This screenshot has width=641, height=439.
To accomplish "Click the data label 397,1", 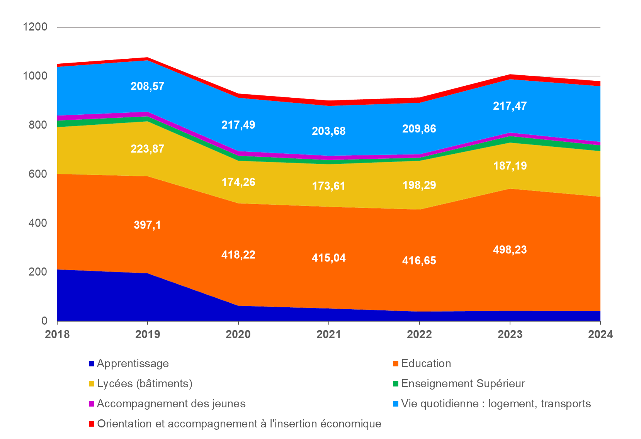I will (147, 225).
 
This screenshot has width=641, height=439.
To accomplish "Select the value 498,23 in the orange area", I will (510, 250).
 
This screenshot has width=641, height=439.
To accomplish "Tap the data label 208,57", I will (147, 86).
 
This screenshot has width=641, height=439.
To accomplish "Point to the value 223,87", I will (147, 149).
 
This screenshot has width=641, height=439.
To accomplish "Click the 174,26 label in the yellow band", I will (238, 182).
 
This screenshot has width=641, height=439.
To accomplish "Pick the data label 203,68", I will (328, 131).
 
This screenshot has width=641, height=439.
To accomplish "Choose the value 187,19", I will (510, 166).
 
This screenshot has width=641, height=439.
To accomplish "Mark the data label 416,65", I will (419, 261).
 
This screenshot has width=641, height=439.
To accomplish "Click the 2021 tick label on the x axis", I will (328, 334).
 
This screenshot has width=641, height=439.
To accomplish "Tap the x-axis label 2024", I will (600, 334).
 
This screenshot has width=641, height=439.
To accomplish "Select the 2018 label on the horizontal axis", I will (57, 334).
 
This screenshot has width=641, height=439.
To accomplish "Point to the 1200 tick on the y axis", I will (35, 27).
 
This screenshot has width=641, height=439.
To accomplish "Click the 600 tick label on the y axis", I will (38, 174).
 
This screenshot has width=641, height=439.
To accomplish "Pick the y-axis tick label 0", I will (44, 320).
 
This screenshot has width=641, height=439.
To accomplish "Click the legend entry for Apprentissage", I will (133, 363).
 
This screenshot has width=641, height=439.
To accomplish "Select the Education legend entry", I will (426, 363).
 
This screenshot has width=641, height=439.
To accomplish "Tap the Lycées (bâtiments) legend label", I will (145, 383).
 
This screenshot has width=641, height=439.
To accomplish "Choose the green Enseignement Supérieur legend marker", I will (396, 384).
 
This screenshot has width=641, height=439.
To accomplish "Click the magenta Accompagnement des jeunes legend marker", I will (92, 404).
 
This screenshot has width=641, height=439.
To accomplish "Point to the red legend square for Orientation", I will (92, 424).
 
